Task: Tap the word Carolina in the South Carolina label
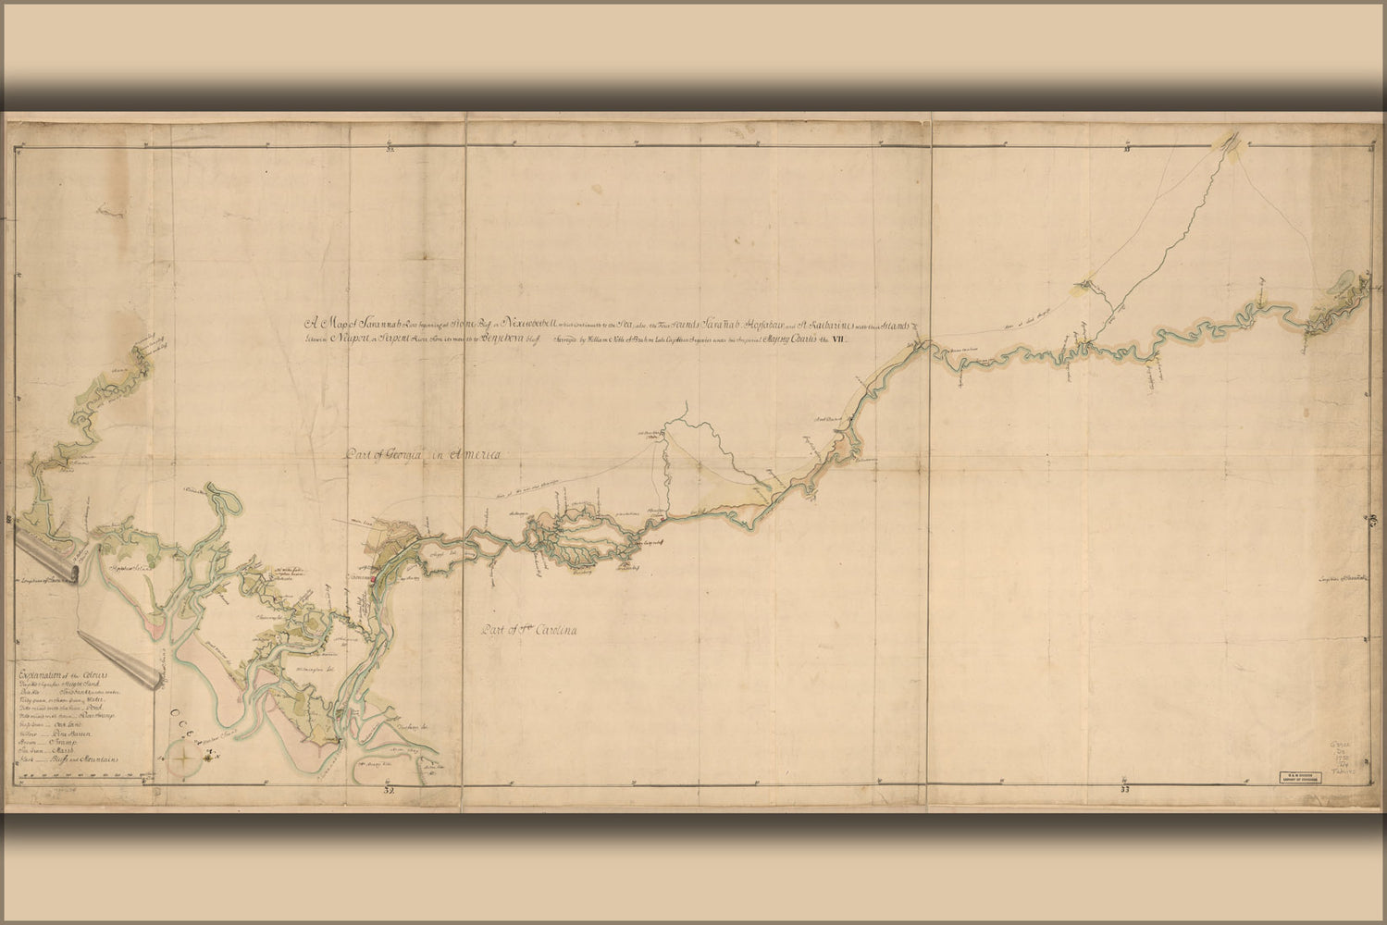pos(547,633)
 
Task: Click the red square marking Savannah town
pos(371,580)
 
